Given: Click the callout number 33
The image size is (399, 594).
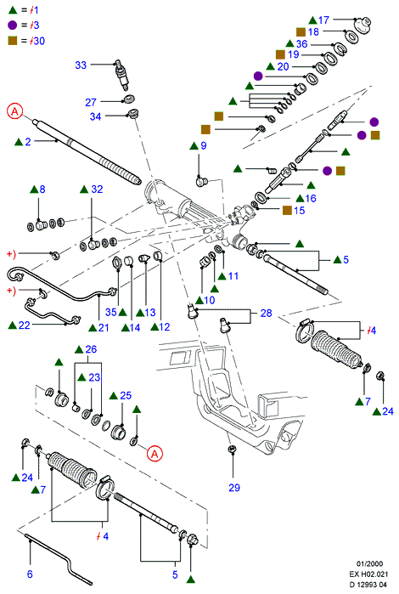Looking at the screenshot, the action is click(81, 65).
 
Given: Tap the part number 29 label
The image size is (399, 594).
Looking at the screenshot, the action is click(234, 488).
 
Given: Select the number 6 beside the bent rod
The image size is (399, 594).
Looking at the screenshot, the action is click(30, 574).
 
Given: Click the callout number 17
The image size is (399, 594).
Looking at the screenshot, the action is click(323, 20).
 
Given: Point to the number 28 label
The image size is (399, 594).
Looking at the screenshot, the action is click(266, 313).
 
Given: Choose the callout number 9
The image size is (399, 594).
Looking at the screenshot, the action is click(204, 145).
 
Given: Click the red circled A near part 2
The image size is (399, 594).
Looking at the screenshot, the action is click(15, 111).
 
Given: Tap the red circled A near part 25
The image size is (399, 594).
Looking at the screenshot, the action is click(155, 454).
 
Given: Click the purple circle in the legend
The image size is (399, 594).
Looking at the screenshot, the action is click(13, 25).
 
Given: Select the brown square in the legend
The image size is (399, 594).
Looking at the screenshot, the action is click(13, 40).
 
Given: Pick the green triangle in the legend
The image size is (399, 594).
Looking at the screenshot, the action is click(13, 10).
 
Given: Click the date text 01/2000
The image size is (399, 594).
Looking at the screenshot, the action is click(369, 563).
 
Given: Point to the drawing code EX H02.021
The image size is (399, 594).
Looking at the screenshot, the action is click(368, 574).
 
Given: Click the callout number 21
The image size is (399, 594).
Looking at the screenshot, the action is click(104, 328).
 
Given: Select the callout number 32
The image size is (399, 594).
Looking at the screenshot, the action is click(97, 189).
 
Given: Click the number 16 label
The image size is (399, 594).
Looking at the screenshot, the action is click(311, 198).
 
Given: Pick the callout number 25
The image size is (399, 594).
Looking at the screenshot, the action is click(126, 395).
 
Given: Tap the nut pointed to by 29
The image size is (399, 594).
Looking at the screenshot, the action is click(232, 450).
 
